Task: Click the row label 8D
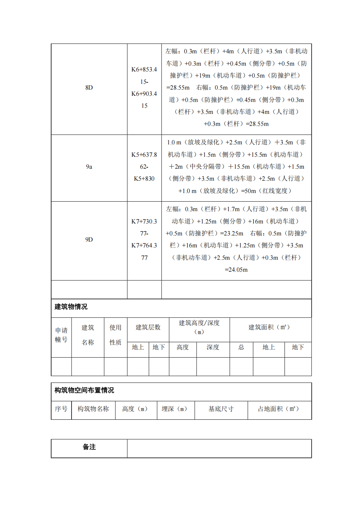pyautogui.click(x=89, y=87)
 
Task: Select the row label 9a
pyautogui.click(x=89, y=167)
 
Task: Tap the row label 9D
pyautogui.click(x=89, y=239)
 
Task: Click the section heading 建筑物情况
pyautogui.click(x=71, y=307)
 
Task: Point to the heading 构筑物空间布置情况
pyautogui.click(x=84, y=390)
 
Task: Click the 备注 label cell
pyautogui.click(x=89, y=447)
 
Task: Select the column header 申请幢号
pyautogui.click(x=61, y=335)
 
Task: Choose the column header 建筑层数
pyautogui.click(x=148, y=327)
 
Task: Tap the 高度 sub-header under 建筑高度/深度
pyautogui.click(x=183, y=347)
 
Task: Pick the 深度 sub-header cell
pyautogui.click(x=213, y=347)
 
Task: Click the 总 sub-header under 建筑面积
pyautogui.click(x=241, y=347)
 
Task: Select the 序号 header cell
pyautogui.click(x=61, y=409)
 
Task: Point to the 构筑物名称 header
pyautogui.click(x=93, y=409)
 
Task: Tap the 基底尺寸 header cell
pyautogui.click(x=221, y=409)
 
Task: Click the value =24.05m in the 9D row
pyautogui.click(x=236, y=270)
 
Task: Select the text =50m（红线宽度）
pyautogui.click(x=267, y=191)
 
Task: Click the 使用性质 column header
pyautogui.click(x=115, y=335)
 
